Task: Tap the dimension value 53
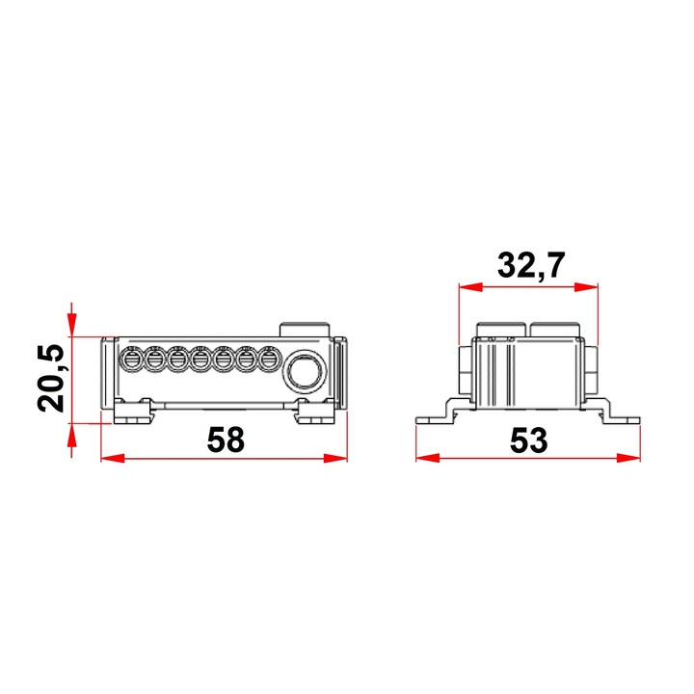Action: pos(527,440)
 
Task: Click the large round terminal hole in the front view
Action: pos(306,369)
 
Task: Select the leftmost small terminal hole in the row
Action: pos(129,360)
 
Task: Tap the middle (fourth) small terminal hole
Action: pos(200,360)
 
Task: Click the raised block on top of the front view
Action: pos(306,329)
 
